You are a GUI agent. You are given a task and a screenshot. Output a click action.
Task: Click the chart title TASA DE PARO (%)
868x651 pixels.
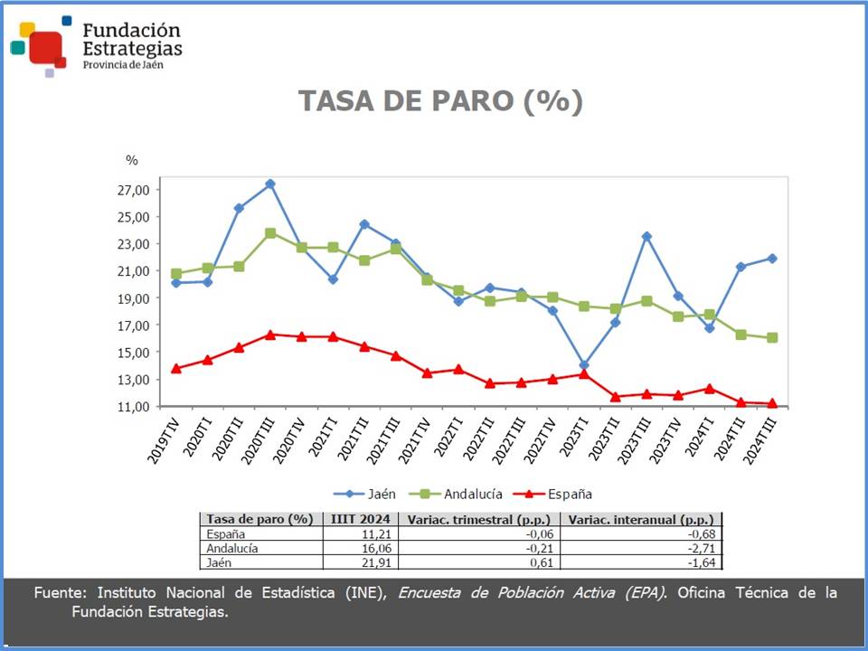pos(440,101)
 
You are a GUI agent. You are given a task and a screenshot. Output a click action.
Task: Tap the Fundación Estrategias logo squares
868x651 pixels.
pos(40,45)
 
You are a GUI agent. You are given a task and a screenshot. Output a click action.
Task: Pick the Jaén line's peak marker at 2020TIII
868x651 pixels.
pos(270,184)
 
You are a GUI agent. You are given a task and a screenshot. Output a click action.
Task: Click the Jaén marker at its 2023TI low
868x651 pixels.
pos(584,365)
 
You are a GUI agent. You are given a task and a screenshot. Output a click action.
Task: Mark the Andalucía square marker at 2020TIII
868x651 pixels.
pos(270,232)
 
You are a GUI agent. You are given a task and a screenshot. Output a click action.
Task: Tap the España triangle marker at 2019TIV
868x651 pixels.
pos(176,368)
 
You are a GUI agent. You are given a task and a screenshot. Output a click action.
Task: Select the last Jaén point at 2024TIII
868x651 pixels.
pos(772,258)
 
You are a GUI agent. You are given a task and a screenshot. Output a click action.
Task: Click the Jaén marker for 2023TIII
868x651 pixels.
pos(646,236)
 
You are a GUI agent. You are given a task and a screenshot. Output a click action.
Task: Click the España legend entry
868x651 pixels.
pos(553,494)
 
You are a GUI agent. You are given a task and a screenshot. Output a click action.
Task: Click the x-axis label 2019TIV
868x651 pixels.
pos(163,441)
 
